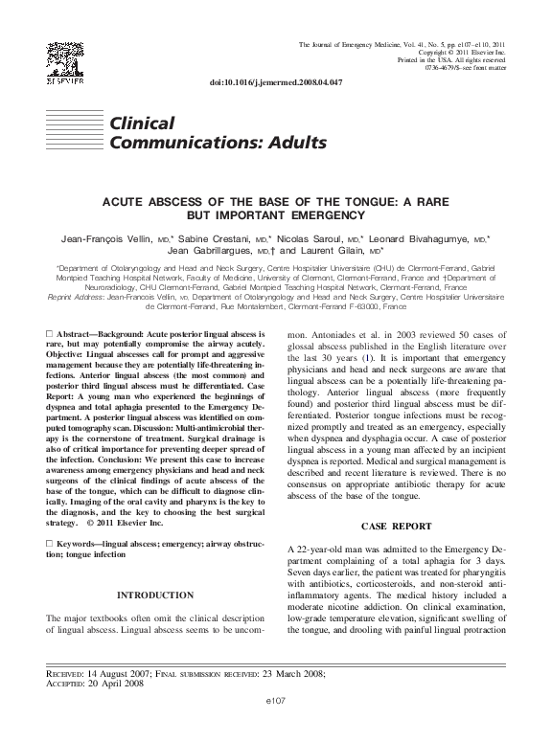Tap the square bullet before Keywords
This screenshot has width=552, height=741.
(50, 543)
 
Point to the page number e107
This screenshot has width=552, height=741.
(275, 728)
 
